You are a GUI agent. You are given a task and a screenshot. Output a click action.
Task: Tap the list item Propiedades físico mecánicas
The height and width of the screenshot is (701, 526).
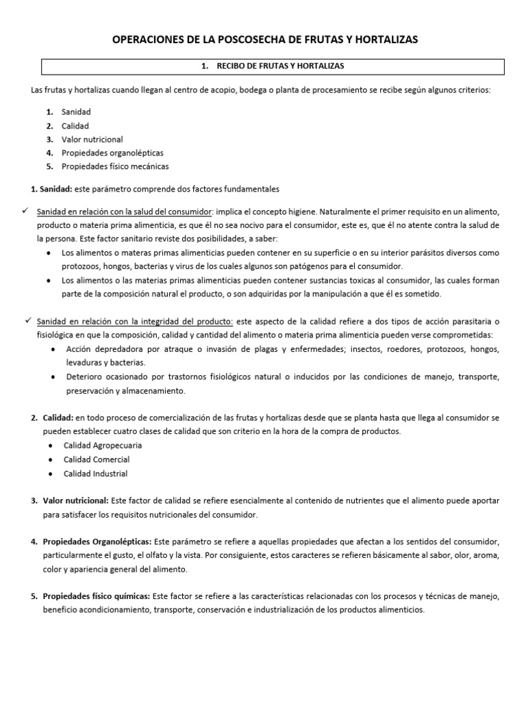(114, 166)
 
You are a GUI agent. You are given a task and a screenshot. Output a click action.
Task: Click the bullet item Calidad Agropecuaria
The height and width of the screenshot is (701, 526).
(103, 445)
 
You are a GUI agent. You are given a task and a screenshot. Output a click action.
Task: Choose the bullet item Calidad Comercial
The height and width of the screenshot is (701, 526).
(97, 459)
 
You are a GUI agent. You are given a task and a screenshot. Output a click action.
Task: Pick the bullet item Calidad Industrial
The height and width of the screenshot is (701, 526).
(95, 474)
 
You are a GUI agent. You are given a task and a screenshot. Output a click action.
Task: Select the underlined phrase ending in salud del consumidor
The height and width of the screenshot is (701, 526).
(125, 212)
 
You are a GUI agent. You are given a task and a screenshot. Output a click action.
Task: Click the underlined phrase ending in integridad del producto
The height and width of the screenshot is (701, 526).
(135, 322)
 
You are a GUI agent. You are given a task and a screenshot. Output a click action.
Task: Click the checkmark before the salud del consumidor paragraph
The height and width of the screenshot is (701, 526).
(27, 212)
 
